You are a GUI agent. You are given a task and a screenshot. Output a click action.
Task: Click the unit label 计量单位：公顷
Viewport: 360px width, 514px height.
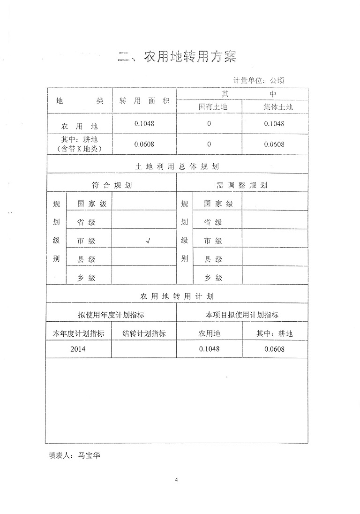pyautogui.click(x=258, y=81)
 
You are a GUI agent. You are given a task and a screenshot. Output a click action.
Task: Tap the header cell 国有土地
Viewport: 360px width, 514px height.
pyautogui.click(x=209, y=107)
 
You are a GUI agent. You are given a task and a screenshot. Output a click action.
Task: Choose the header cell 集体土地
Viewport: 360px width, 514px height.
pyautogui.click(x=274, y=107)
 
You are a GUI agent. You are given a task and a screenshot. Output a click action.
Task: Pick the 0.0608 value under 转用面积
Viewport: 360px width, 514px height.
pyautogui.click(x=144, y=144)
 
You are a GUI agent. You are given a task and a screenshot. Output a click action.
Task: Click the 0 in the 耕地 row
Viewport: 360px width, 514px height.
pyautogui.click(x=209, y=144)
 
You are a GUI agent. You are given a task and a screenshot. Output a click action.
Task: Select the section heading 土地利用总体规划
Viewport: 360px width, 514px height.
pyautogui.click(x=177, y=166)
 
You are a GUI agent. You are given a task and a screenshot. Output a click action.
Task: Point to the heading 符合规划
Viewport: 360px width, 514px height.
pyautogui.click(x=112, y=185)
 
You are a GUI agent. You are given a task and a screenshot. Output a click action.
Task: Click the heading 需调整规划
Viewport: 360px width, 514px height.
pyautogui.click(x=242, y=185)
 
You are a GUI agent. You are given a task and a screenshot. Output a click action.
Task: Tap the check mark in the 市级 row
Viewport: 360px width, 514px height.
pyautogui.click(x=148, y=241)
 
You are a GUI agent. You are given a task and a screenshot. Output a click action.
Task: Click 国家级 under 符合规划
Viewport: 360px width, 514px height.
pyautogui.click(x=92, y=204)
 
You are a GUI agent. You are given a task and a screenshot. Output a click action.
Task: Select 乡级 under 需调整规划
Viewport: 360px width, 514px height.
pyautogui.click(x=213, y=278)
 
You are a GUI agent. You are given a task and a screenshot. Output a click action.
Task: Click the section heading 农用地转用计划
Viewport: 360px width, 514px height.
pyautogui.click(x=177, y=296)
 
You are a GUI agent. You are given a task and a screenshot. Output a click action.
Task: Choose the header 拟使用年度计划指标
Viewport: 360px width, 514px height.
pyautogui.click(x=111, y=315)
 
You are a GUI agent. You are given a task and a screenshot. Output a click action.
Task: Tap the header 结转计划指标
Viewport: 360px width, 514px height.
pyautogui.click(x=144, y=334)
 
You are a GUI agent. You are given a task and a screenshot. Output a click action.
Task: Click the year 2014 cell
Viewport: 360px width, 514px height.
pyautogui.click(x=78, y=349)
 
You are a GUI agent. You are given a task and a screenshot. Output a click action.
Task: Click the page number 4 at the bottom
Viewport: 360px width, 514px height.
pyautogui.click(x=177, y=479)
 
